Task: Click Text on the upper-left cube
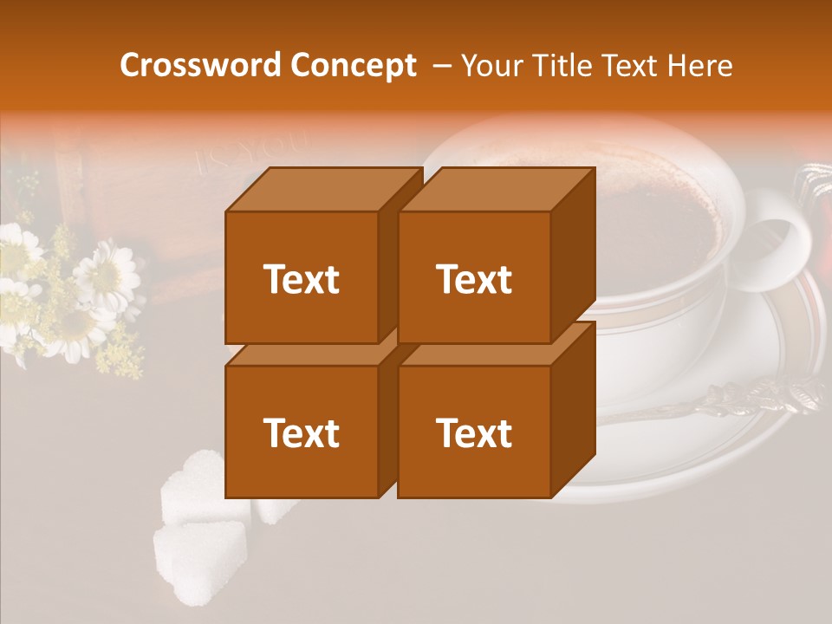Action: tap(301, 279)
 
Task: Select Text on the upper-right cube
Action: tap(473, 279)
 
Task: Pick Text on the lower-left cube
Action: tap(301, 432)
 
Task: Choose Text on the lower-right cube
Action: tap(473, 432)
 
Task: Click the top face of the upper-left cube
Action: tap(322, 190)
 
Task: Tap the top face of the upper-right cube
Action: tap(496, 190)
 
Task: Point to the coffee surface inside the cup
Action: tap(659, 217)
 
